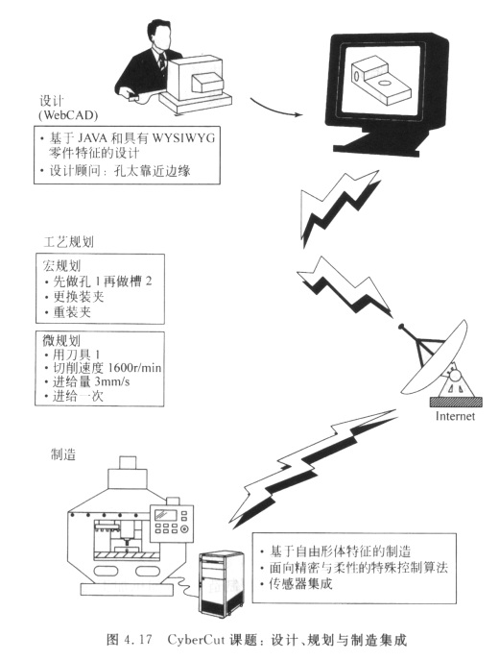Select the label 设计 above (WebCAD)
tap(52, 101)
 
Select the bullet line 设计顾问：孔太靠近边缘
tap(126, 172)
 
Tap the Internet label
tap(455, 419)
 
